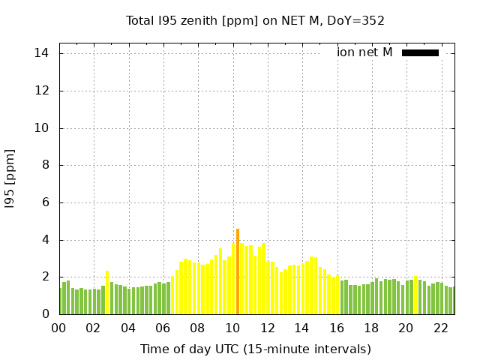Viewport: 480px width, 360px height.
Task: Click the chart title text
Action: point(255,21)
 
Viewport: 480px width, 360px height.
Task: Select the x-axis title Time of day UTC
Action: point(255,349)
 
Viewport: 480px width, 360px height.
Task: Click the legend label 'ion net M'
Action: point(364,52)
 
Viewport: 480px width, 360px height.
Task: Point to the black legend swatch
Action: point(420,52)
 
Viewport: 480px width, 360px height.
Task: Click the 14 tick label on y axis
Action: point(42,53)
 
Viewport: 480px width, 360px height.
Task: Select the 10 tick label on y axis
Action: point(42,128)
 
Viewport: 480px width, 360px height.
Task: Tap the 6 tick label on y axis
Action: point(45,202)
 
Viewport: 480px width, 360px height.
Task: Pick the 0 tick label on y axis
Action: point(45,314)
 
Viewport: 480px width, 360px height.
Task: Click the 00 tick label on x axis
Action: point(58,328)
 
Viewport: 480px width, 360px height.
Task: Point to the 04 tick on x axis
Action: point(128,328)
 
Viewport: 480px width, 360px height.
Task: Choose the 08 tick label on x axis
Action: point(197,328)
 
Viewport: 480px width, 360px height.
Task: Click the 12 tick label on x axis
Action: point(267,328)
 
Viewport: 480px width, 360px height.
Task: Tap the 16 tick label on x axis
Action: point(336,328)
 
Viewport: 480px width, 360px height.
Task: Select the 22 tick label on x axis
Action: point(440,328)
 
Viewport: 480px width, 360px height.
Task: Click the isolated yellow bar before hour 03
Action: point(107,292)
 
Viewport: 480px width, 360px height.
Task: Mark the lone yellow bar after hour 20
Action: point(416,295)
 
